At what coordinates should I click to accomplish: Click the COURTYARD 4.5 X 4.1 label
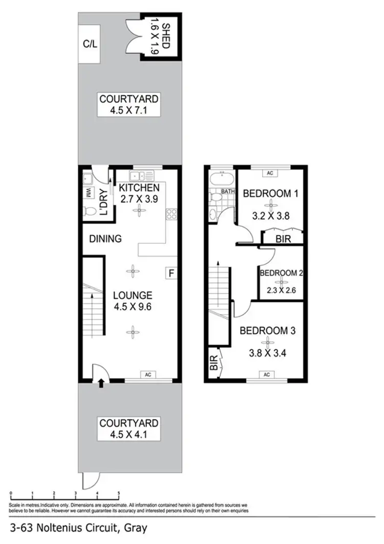point(129,429)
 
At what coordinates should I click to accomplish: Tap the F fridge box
point(170,274)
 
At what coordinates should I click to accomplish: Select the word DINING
point(105,239)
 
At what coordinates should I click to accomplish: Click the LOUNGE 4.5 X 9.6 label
point(133,301)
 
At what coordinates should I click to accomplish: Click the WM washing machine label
point(87,194)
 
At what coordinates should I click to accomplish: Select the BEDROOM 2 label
point(281,274)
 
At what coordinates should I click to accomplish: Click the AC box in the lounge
point(147,374)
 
